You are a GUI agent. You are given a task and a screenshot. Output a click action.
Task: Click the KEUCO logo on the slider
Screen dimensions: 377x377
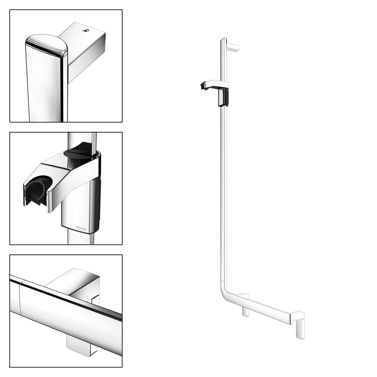coord(81,228)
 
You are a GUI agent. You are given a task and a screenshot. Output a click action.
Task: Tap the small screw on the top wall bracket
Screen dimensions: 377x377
coord(85,30)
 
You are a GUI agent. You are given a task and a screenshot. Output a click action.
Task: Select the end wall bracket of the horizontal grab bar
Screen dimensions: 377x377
coord(298,324)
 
